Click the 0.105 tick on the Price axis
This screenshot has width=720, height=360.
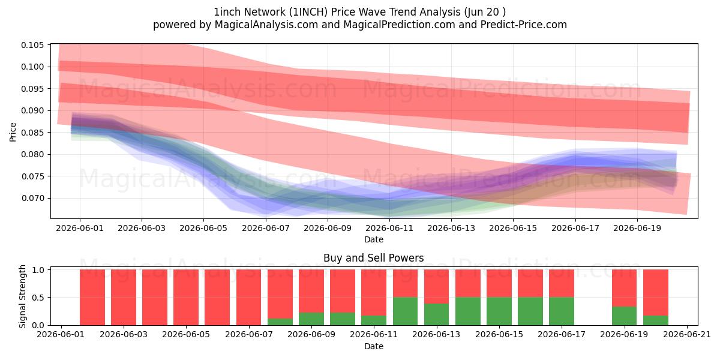tap(32, 45)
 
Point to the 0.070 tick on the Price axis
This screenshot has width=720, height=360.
tap(32, 199)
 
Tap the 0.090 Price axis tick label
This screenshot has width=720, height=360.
tap(32, 110)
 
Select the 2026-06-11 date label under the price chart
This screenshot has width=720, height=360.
tap(389, 228)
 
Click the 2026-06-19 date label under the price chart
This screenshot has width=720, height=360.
tap(637, 228)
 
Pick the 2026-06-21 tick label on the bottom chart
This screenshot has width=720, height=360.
tap(687, 335)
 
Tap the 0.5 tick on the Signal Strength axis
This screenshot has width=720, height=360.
tap(38, 298)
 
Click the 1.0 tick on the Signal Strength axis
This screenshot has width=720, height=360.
tap(38, 269)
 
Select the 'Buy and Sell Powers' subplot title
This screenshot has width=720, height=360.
tap(373, 258)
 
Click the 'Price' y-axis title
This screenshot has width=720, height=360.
tap(13, 132)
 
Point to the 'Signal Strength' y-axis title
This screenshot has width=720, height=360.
tap(22, 296)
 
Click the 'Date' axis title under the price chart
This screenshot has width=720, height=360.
tap(374, 239)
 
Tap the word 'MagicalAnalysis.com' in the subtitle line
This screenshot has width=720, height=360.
tap(266, 25)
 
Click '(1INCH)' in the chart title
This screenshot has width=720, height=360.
tap(308, 12)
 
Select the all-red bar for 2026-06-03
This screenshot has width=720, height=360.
tap(124, 298)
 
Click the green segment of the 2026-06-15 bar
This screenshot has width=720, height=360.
tap(499, 311)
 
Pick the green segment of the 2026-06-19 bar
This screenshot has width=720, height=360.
tap(624, 316)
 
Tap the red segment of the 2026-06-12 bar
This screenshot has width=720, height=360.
tap(406, 283)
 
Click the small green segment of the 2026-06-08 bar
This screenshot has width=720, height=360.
tap(280, 322)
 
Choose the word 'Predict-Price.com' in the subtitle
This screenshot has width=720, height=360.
tap(524, 25)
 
